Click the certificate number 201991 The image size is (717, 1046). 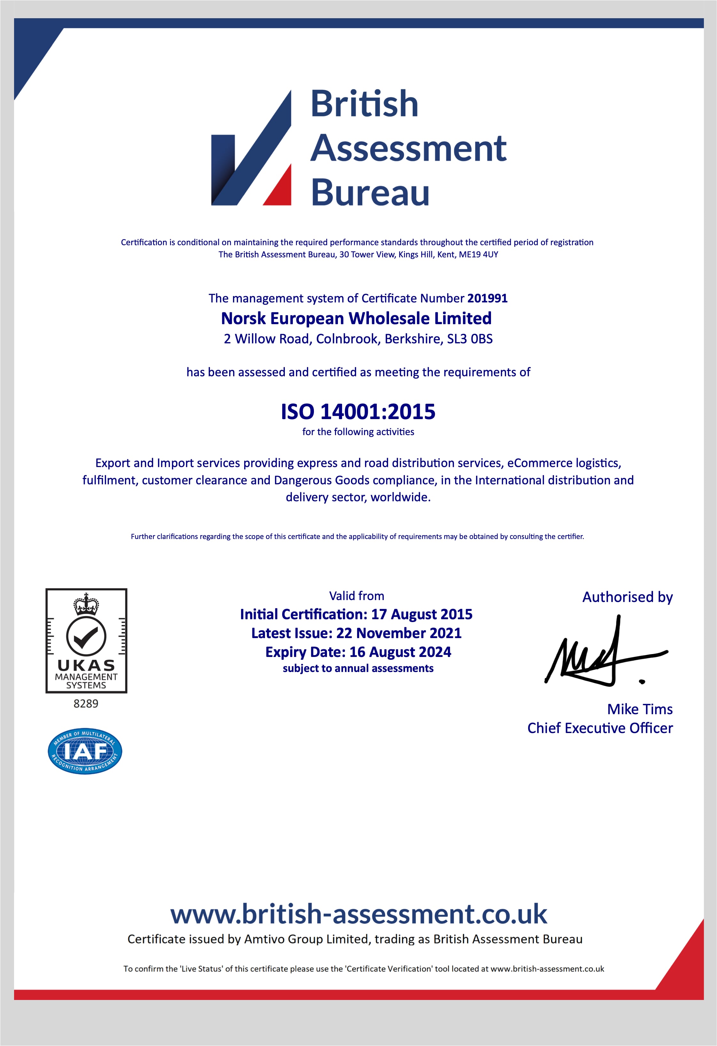487,298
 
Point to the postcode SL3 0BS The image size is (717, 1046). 470,339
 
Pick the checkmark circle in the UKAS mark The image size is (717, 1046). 86,636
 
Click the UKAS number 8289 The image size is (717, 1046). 86,704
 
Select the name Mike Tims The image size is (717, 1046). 640,709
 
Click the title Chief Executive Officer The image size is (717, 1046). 600,728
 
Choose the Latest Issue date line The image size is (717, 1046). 356,633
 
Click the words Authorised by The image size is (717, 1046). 627,597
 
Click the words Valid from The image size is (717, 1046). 356,596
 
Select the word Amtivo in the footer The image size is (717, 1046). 264,939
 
